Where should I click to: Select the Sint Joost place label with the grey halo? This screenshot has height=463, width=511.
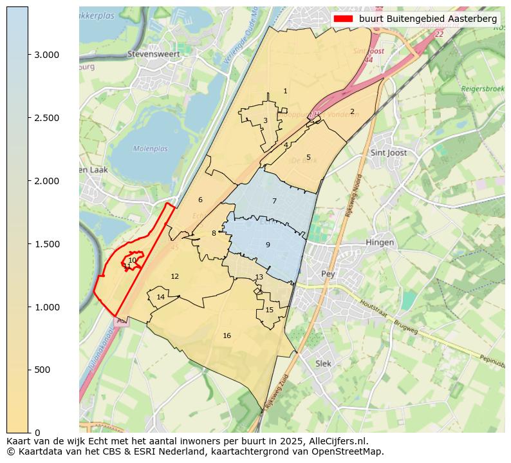[389, 153]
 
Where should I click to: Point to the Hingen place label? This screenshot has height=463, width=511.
[379, 243]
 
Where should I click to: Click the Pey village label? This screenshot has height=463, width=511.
[328, 274]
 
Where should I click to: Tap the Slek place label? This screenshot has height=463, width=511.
[323, 363]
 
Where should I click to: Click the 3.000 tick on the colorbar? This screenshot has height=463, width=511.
[46, 55]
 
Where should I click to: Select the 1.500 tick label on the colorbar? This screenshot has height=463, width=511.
[46, 244]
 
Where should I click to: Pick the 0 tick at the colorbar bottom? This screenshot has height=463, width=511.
[37, 433]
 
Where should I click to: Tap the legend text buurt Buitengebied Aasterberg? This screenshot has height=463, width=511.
[427, 19]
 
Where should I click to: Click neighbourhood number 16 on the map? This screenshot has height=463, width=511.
[227, 335]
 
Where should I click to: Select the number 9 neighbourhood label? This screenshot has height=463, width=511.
[268, 245]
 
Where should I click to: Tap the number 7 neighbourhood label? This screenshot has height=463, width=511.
[274, 201]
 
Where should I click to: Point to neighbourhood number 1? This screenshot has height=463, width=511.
[285, 91]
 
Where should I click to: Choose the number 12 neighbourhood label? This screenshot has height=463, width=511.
[174, 276]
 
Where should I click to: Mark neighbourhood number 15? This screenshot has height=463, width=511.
[269, 310]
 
